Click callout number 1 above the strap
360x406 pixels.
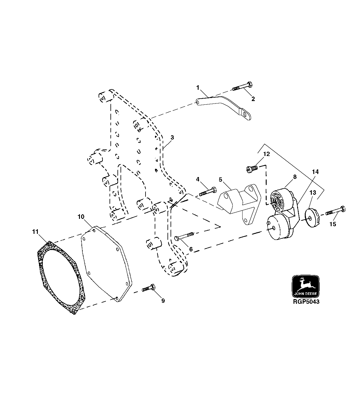(198, 88)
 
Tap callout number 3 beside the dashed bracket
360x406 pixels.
(172, 137)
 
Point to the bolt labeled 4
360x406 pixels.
(208, 192)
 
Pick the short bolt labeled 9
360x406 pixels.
(149, 288)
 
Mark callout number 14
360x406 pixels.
(315, 172)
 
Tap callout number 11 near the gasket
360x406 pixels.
(35, 232)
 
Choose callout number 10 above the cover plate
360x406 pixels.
(81, 217)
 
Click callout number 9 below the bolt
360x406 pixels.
(163, 301)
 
